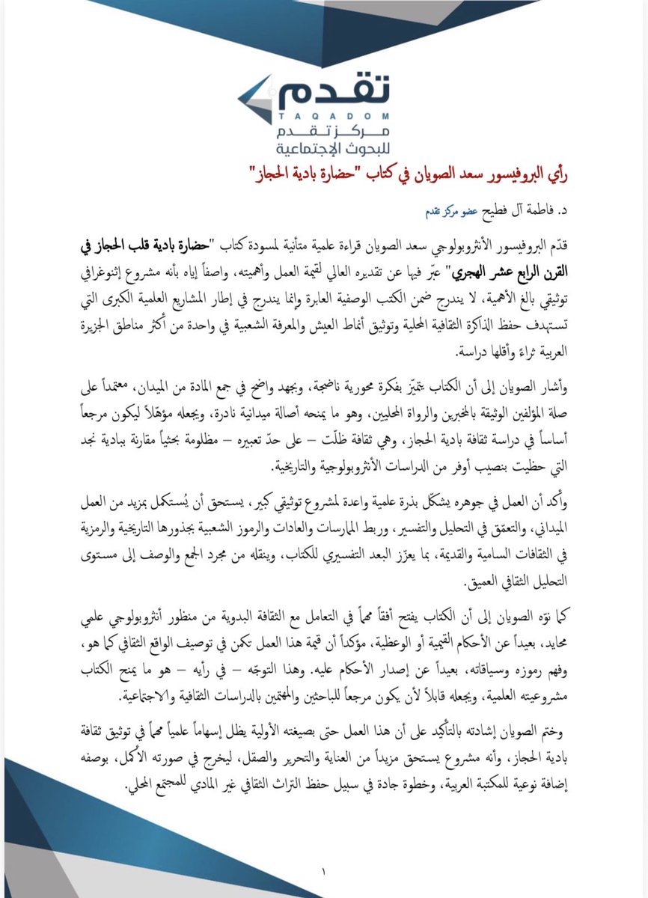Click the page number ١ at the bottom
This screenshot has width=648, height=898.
(324, 870)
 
